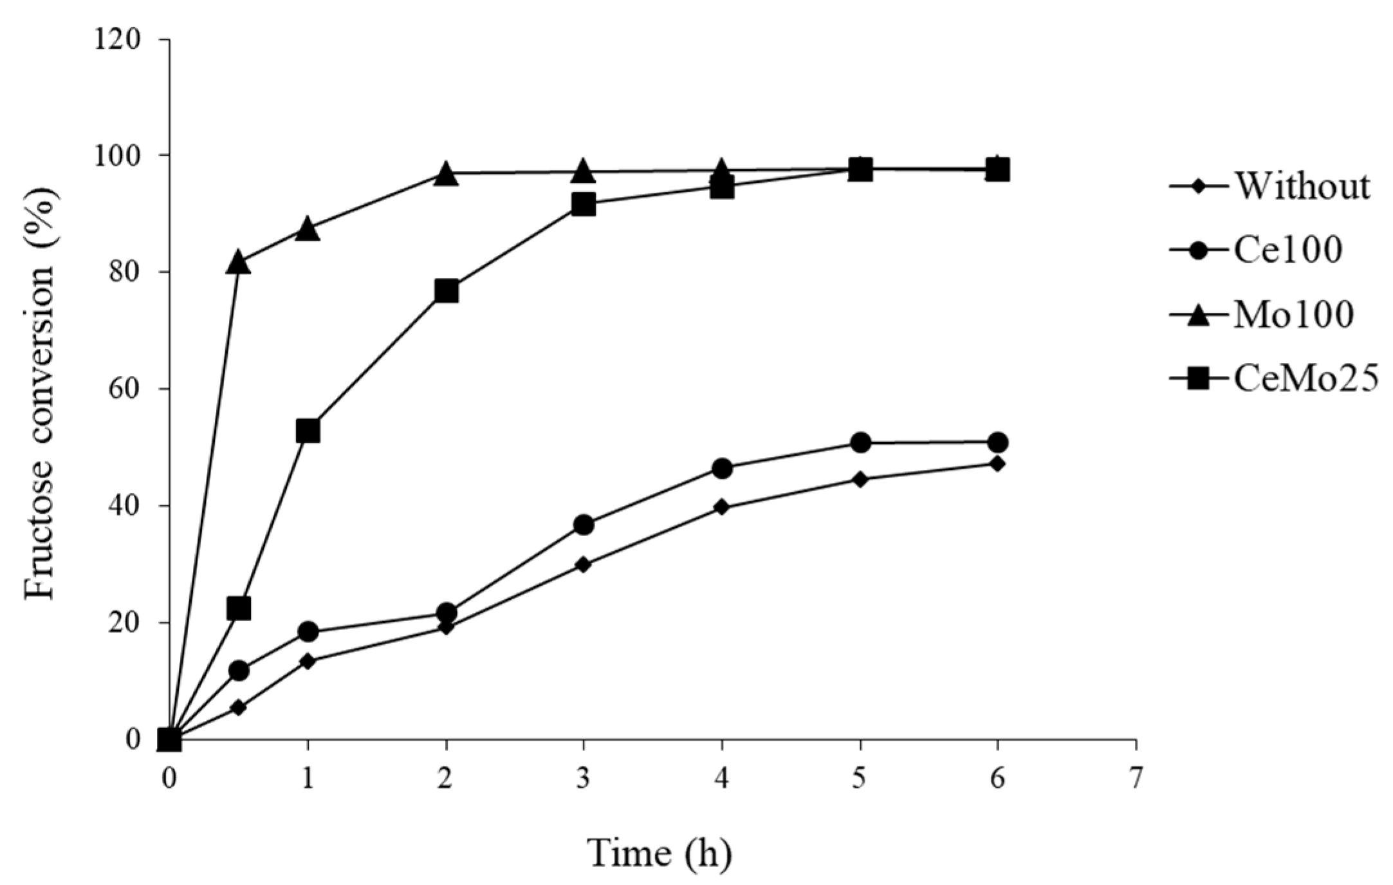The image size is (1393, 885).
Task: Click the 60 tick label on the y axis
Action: click(129, 389)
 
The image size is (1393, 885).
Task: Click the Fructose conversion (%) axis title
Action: click(40, 393)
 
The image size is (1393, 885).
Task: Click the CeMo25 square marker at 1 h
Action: click(308, 431)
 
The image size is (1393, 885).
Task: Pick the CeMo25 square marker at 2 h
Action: click(446, 291)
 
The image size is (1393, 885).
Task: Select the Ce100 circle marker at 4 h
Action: click(722, 469)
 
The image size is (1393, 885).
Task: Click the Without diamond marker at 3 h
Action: click(584, 564)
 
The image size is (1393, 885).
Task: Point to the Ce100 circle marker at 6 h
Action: click(997, 443)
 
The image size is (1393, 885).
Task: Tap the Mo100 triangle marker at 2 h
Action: click(446, 174)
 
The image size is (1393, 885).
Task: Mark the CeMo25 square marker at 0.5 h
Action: click(238, 608)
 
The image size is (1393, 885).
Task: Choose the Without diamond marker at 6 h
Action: click(997, 463)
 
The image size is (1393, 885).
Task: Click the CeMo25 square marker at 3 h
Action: click(584, 205)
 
